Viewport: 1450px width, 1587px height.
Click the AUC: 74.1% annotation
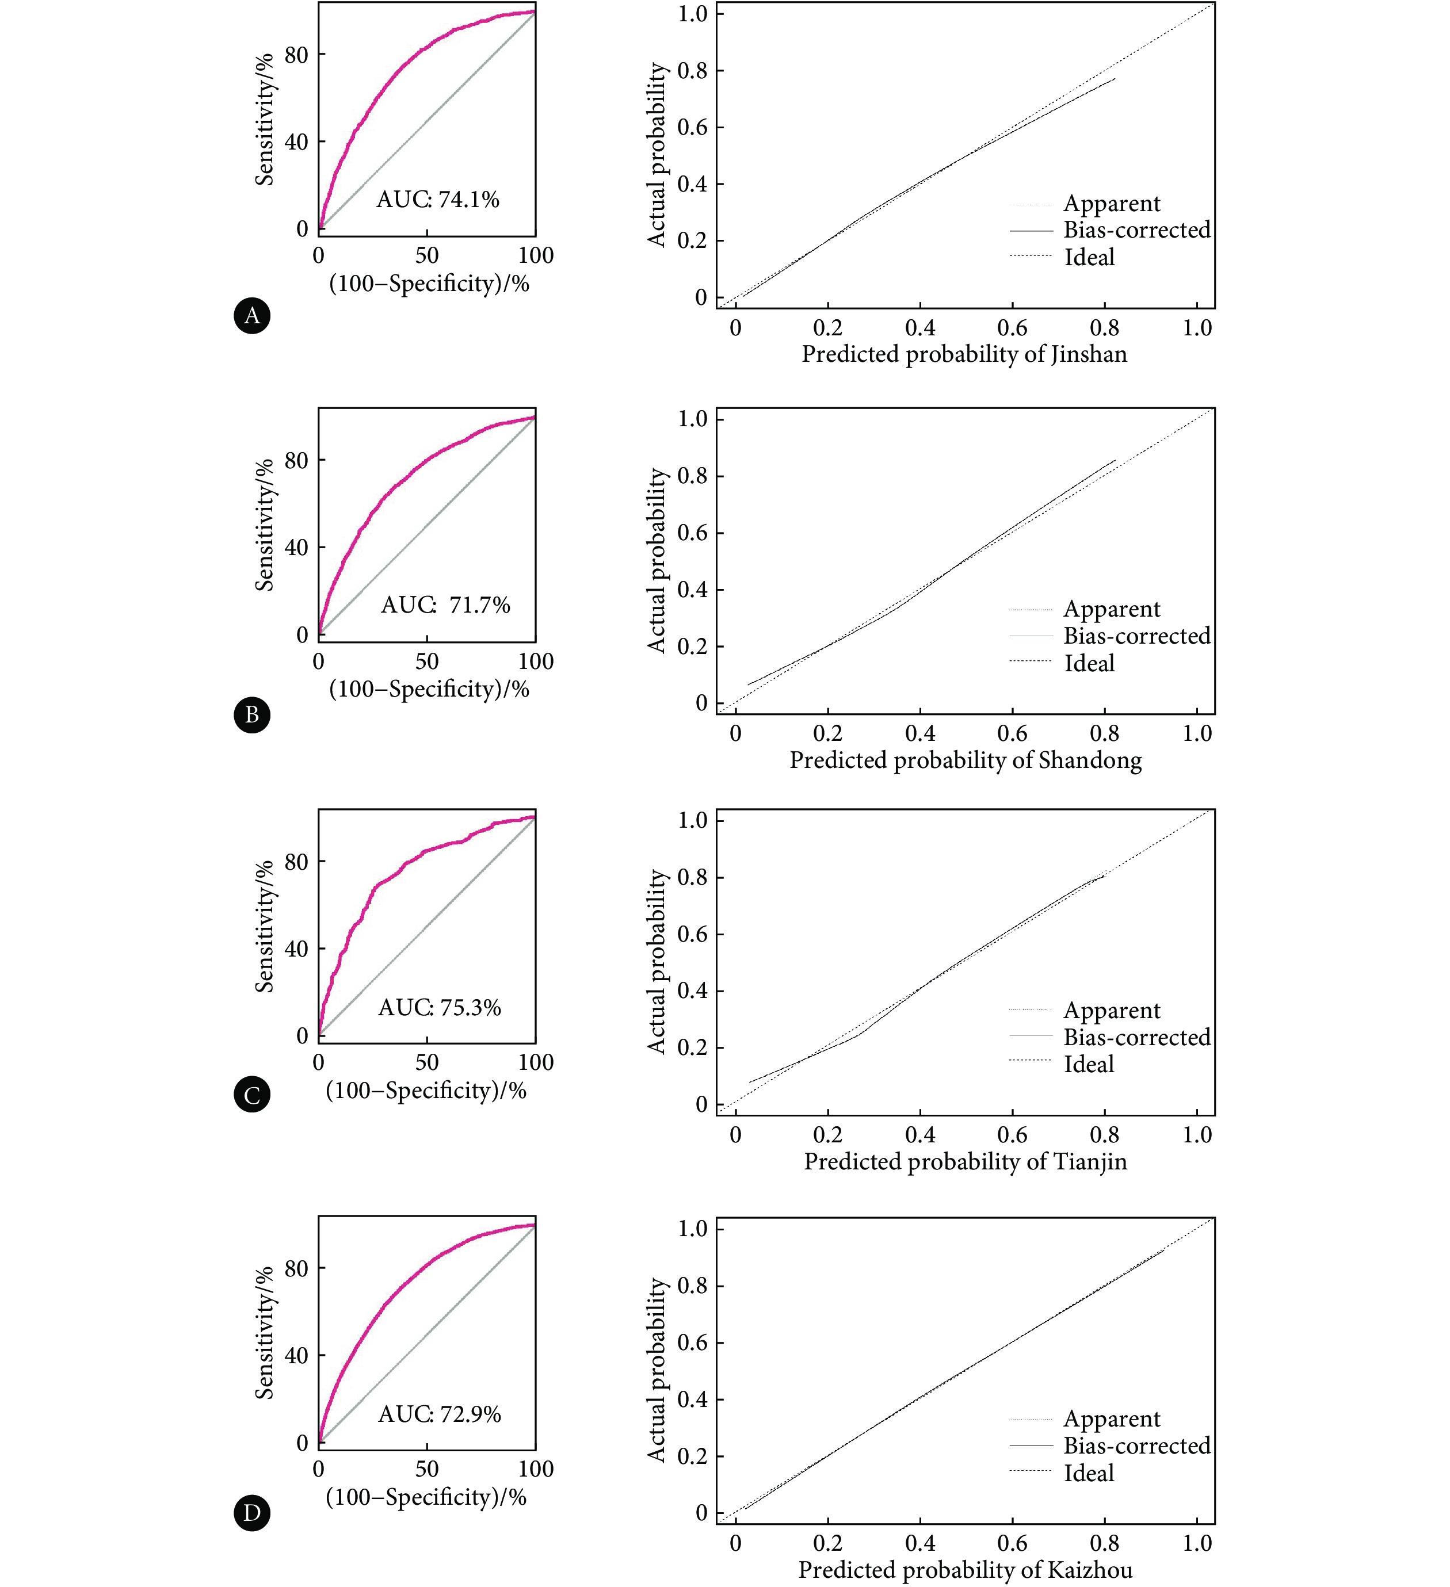[438, 199]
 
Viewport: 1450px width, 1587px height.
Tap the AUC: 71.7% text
[446, 605]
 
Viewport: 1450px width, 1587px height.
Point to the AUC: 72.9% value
[440, 1414]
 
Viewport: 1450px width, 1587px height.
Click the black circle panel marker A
[252, 316]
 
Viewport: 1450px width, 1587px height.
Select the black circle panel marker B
[252, 715]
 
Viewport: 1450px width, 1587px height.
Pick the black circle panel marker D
[252, 1513]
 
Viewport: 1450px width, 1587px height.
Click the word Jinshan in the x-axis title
[1089, 354]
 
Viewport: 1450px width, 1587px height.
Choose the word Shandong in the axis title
[1090, 760]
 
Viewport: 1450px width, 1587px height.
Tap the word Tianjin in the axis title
[1090, 1161]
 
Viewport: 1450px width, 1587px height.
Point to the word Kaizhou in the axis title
[1090, 1569]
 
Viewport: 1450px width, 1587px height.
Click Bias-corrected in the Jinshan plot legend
[1136, 230]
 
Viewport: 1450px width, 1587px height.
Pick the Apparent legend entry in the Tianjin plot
[1111, 1010]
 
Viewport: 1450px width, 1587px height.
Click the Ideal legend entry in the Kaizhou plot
[1089, 1473]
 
